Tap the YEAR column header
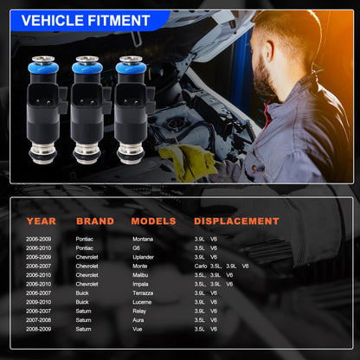[x=41, y=222]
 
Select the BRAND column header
[x=95, y=222]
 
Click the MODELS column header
[x=153, y=222]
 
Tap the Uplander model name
[x=144, y=257]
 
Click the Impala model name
[x=142, y=284]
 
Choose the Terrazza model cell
[x=145, y=292]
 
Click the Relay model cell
[x=140, y=311]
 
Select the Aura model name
[x=139, y=319]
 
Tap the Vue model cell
[x=138, y=329]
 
